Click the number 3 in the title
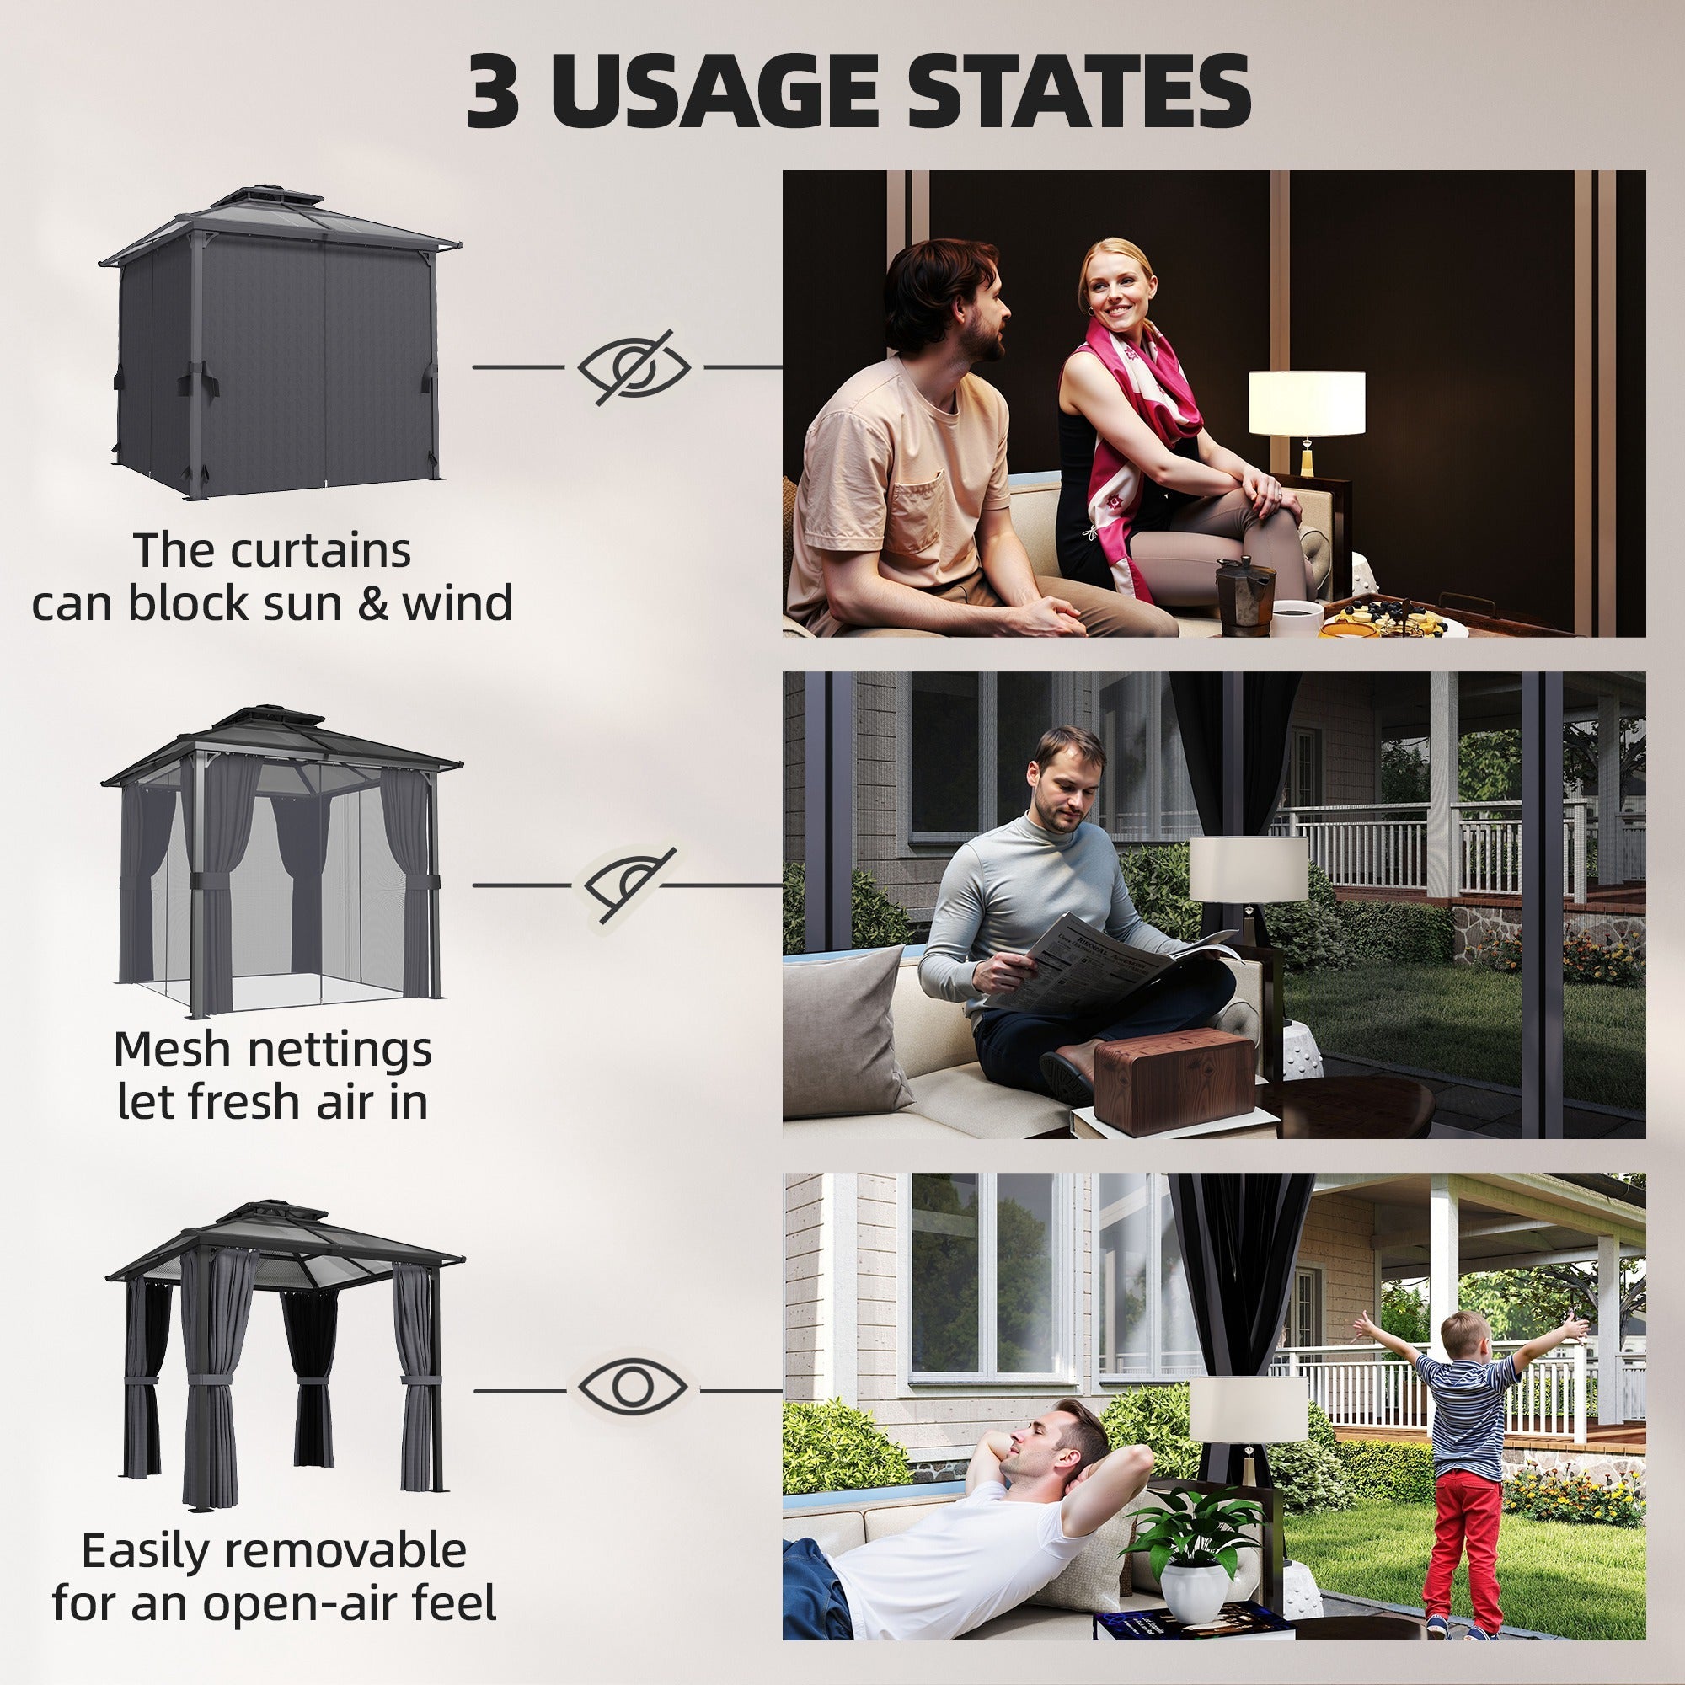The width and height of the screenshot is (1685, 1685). click(494, 92)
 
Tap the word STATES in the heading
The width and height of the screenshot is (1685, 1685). click(1079, 92)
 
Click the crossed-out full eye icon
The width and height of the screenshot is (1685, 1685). click(634, 367)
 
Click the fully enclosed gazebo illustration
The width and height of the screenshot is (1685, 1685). click(279, 345)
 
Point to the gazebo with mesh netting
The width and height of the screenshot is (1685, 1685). click(281, 864)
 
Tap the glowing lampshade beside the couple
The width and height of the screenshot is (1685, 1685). click(1306, 402)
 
